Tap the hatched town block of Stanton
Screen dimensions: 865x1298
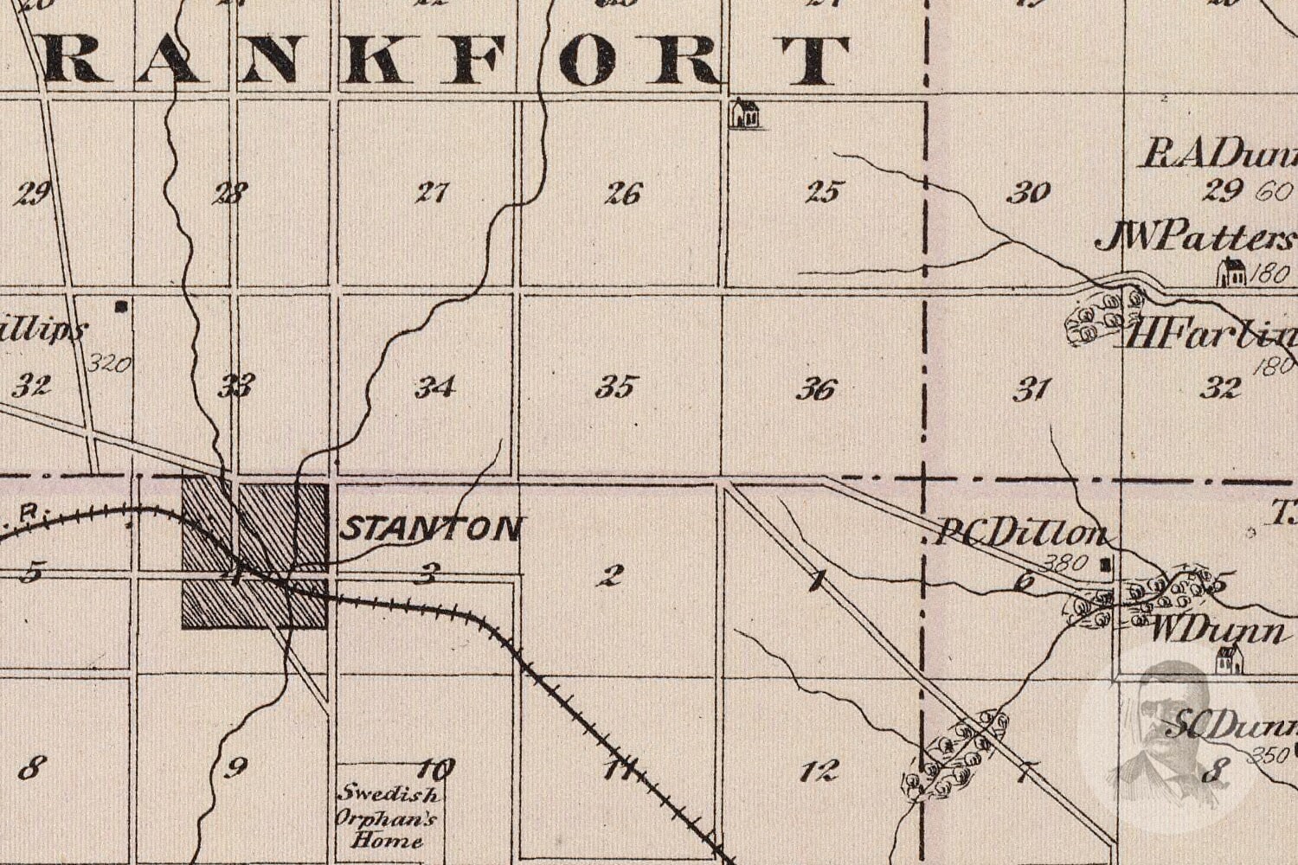(x=254, y=554)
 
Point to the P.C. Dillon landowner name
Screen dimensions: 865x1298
(x=1021, y=534)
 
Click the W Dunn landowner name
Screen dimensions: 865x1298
(x=1216, y=631)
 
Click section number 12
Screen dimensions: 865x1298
(x=819, y=769)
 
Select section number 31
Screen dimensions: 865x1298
(x=1031, y=389)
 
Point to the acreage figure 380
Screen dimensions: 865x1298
(x=1064, y=563)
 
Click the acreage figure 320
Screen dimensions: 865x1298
(x=110, y=363)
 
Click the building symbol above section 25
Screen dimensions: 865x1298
(x=744, y=113)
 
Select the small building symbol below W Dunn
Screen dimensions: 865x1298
(x=1229, y=662)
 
